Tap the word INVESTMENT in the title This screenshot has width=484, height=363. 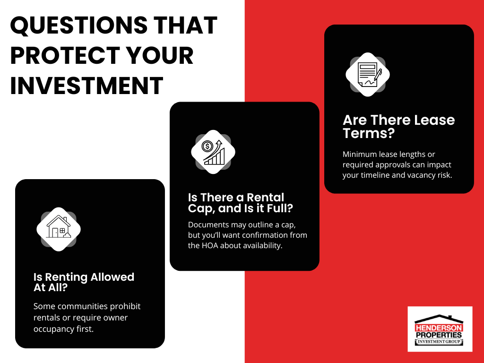point(86,86)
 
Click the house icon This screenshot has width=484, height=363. point(59,229)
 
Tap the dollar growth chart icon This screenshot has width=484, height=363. point(213,152)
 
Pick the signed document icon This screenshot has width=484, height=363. point(368,75)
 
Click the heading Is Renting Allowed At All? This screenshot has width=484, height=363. point(84,282)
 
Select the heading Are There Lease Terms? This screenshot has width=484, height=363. point(398,126)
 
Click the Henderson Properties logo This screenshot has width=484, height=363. point(440,329)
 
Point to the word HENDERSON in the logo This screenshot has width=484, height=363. point(440,327)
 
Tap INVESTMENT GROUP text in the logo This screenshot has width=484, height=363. point(440,342)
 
